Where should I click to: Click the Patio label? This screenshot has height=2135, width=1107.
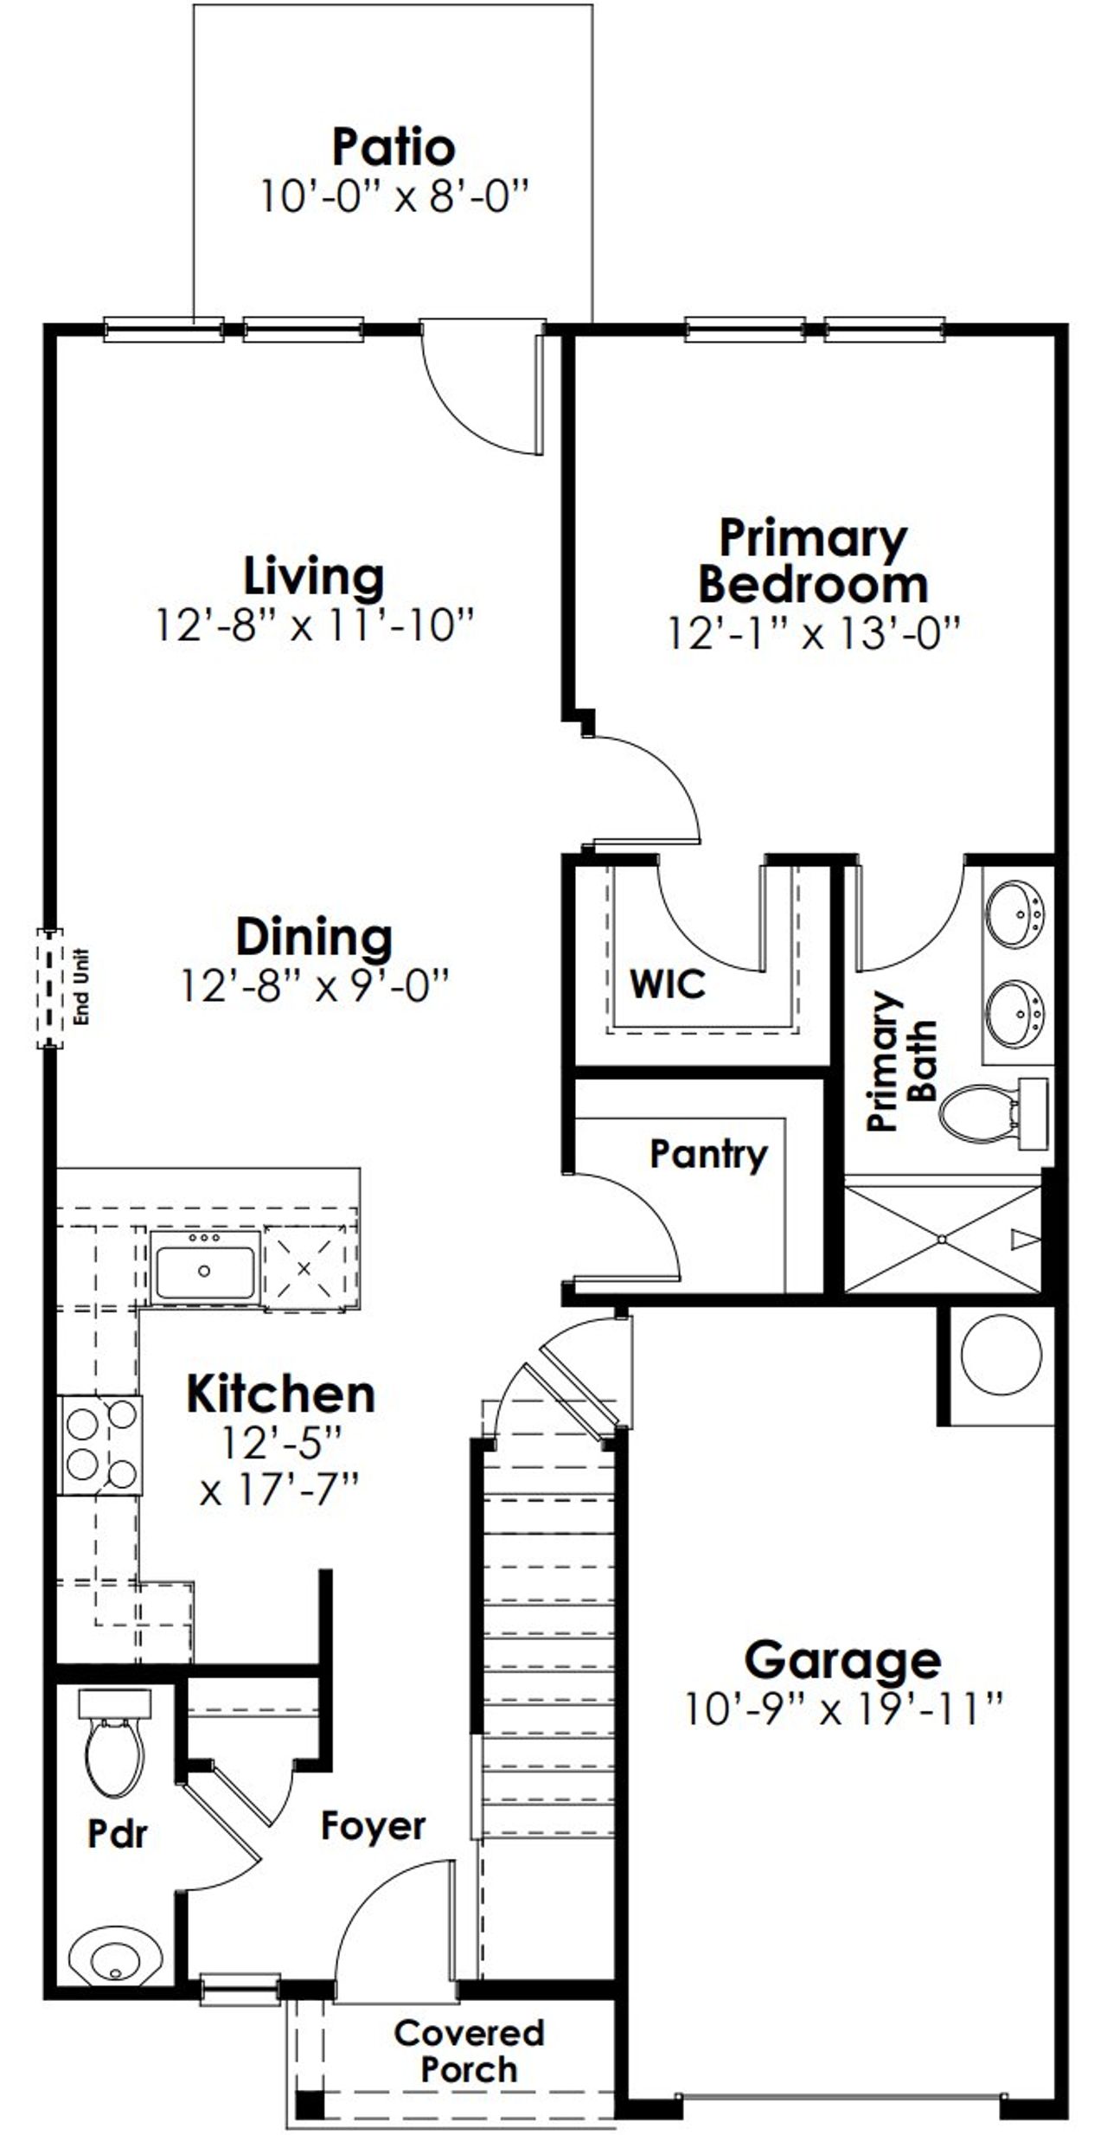click(x=394, y=147)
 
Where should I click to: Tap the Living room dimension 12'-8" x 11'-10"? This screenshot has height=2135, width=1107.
click(x=315, y=625)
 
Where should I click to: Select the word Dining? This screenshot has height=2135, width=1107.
click(x=314, y=938)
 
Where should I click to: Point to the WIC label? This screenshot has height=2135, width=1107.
click(x=667, y=984)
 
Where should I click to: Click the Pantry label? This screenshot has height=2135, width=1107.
click(x=708, y=1154)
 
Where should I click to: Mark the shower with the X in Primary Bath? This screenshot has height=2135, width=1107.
click(x=942, y=1240)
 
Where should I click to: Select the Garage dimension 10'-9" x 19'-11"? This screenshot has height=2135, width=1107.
click(x=843, y=1710)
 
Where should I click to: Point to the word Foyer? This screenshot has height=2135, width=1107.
click(x=373, y=1826)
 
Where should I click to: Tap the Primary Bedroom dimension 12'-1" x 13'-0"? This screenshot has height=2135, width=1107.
click(x=814, y=633)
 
